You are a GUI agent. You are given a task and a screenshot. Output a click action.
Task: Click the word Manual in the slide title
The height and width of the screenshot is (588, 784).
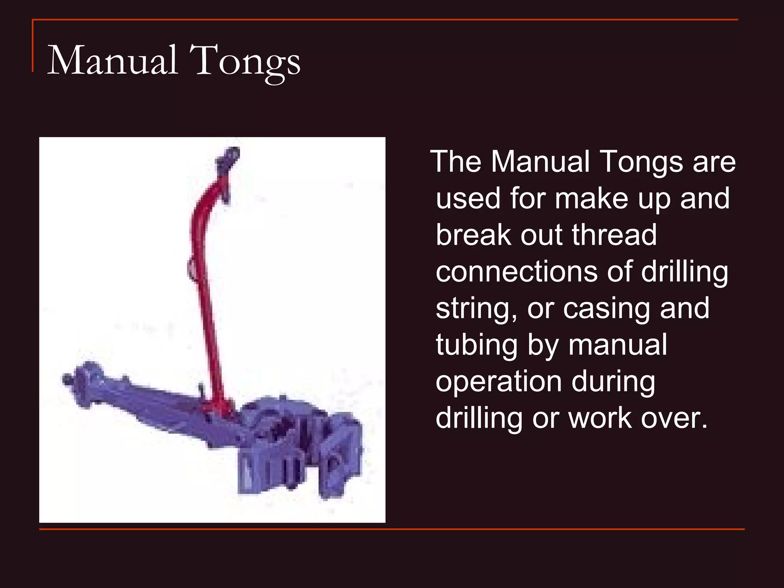pyautogui.click(x=113, y=60)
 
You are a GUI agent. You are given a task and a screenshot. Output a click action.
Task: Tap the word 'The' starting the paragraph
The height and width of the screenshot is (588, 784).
pyautogui.click(x=456, y=162)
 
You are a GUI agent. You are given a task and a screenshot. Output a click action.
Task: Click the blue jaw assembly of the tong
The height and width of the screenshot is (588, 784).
pyautogui.click(x=299, y=448)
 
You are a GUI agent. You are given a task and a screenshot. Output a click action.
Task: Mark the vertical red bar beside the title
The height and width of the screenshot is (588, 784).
pyautogui.click(x=33, y=46)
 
